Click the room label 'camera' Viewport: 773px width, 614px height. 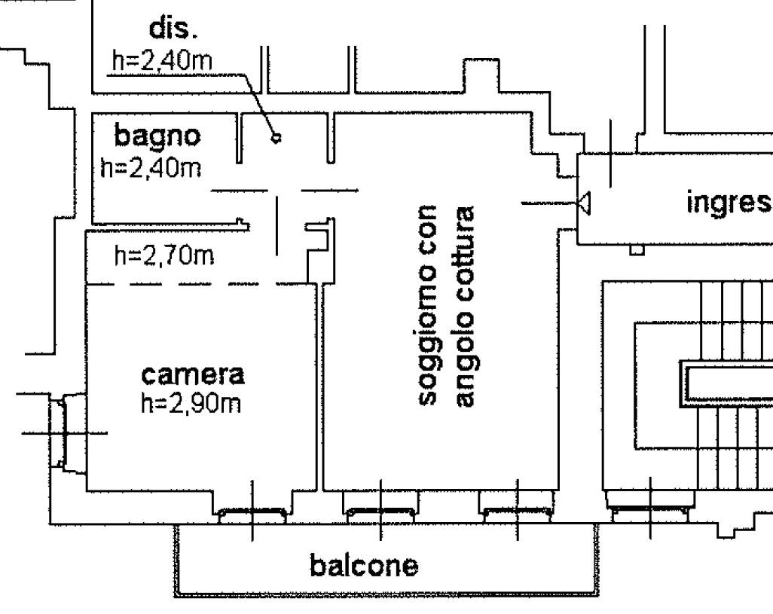(194, 374)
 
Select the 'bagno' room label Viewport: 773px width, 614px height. (158, 136)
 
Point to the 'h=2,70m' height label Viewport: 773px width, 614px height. (164, 257)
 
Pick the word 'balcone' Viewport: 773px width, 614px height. (364, 565)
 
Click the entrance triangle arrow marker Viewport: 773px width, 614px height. (584, 202)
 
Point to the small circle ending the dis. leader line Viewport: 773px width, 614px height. (277, 138)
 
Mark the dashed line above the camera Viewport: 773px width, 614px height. (200, 284)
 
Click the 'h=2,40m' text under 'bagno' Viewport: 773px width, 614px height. (151, 166)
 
